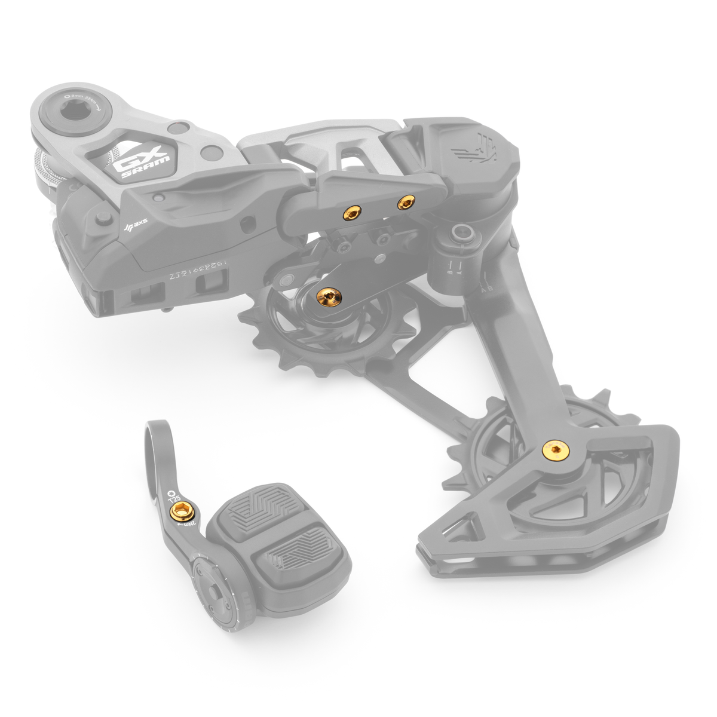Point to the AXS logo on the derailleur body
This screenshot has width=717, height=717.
[134, 226]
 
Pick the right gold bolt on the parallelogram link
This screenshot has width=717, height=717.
[406, 203]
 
